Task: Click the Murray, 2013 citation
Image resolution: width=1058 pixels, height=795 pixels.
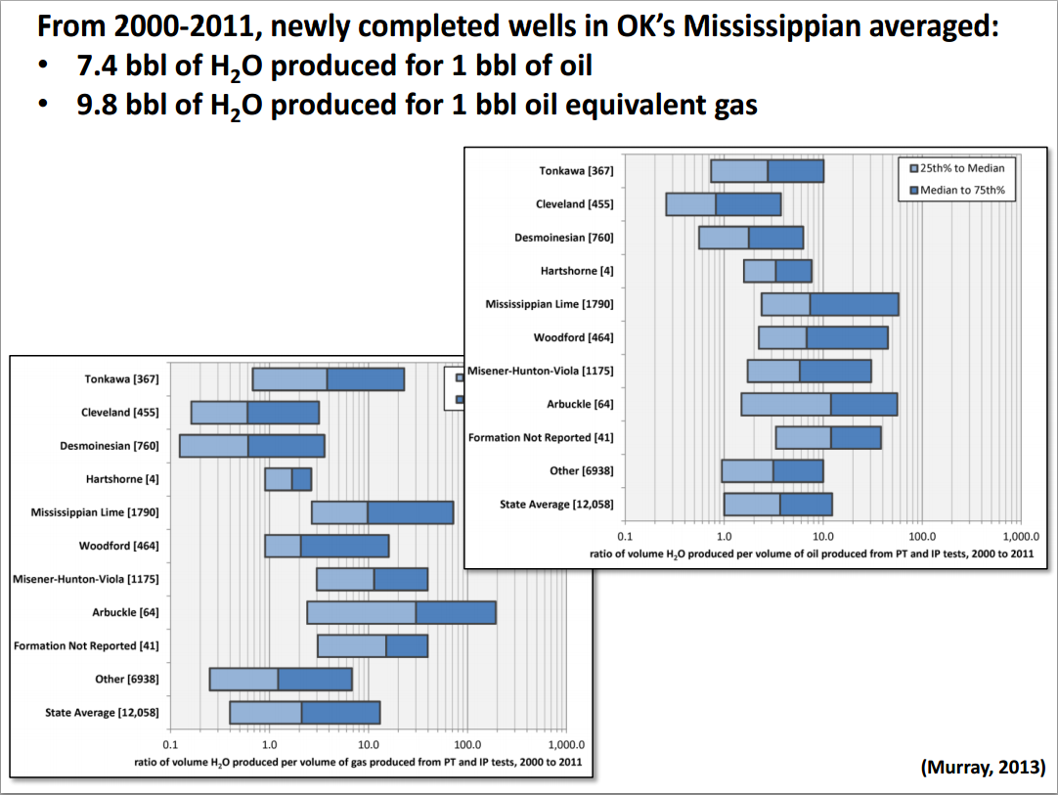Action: tap(983, 767)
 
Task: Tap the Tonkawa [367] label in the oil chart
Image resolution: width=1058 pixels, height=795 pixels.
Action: tap(576, 171)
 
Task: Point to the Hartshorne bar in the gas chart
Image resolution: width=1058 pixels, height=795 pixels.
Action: tap(288, 479)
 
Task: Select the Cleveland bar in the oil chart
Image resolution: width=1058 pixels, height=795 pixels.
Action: tap(724, 203)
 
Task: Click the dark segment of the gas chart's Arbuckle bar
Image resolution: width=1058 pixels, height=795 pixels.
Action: tap(455, 613)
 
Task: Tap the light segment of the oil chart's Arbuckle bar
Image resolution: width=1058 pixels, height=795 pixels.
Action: tap(786, 404)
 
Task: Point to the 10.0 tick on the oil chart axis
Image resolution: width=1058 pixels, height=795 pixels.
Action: tap(822, 538)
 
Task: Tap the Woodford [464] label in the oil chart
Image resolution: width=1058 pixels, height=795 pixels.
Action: tap(573, 337)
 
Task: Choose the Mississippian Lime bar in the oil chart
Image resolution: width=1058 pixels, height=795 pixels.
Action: tap(830, 304)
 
